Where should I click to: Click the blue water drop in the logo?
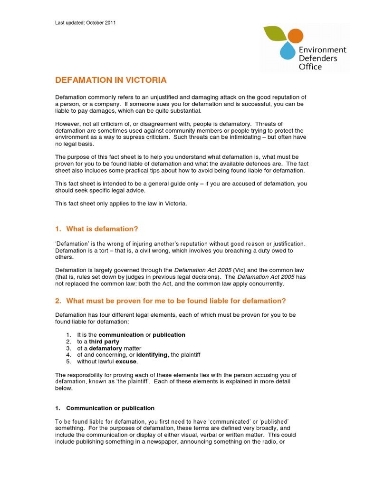tap(287, 51)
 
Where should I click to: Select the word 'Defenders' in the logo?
tap(318, 58)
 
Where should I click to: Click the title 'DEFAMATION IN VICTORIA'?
tap(111, 80)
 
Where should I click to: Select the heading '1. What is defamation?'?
tap(97, 229)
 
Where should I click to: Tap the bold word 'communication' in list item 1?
tap(121, 335)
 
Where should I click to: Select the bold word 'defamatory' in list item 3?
tap(106, 348)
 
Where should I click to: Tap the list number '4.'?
tap(68, 355)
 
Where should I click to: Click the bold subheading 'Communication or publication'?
tap(110, 408)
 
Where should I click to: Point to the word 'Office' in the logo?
tap(310, 67)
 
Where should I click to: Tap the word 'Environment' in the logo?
tap(322, 49)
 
